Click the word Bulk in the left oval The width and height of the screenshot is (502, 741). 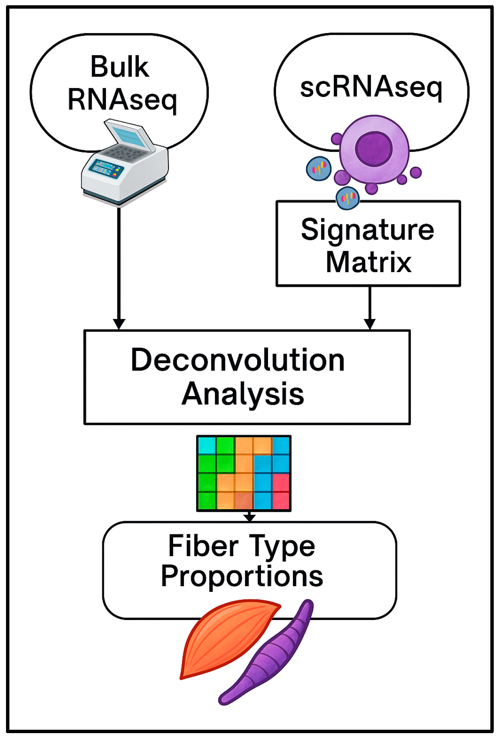119,67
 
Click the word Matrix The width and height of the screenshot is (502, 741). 368,262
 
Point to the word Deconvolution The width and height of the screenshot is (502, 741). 237,360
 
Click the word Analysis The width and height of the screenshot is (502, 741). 243,394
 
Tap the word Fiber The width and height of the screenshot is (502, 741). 203,546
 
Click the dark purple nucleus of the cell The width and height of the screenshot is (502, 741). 373,149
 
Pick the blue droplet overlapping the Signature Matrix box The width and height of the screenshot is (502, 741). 347,198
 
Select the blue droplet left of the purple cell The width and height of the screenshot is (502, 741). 318,169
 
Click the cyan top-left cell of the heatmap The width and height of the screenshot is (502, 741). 207,445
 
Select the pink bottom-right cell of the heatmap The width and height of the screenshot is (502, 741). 280,501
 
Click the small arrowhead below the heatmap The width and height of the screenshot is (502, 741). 249,517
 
